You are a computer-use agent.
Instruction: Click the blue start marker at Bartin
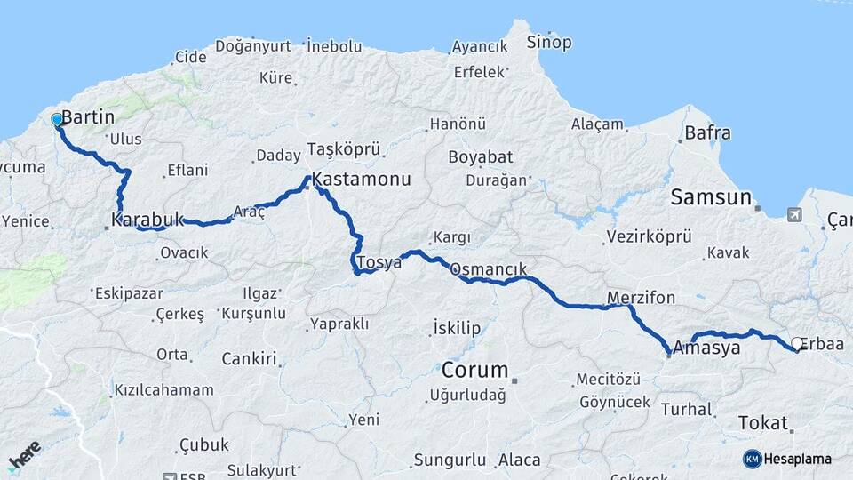[x=57, y=119]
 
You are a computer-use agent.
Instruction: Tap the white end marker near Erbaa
[x=797, y=343]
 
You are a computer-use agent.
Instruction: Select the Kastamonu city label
[x=362, y=180]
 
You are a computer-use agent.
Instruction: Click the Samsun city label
[x=711, y=197]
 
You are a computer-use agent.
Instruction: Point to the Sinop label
[x=549, y=42]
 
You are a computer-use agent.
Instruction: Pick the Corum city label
[x=475, y=370]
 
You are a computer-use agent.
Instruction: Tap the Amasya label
[x=707, y=348]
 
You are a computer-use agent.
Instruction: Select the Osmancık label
[x=489, y=269]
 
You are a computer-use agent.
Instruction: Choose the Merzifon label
[x=641, y=297]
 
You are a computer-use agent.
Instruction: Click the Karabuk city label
[x=147, y=219]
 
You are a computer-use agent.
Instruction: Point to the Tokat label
[x=763, y=423]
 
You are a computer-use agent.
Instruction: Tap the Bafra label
[x=708, y=133]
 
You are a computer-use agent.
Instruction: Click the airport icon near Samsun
[x=793, y=214]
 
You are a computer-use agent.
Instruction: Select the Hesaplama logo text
[x=798, y=459]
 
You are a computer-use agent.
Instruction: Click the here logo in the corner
[x=25, y=455]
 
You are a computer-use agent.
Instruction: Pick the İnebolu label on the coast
[x=334, y=44]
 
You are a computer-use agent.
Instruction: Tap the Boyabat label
[x=481, y=157]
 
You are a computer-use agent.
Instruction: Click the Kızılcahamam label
[x=164, y=389]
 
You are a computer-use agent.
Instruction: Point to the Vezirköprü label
[x=649, y=237]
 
